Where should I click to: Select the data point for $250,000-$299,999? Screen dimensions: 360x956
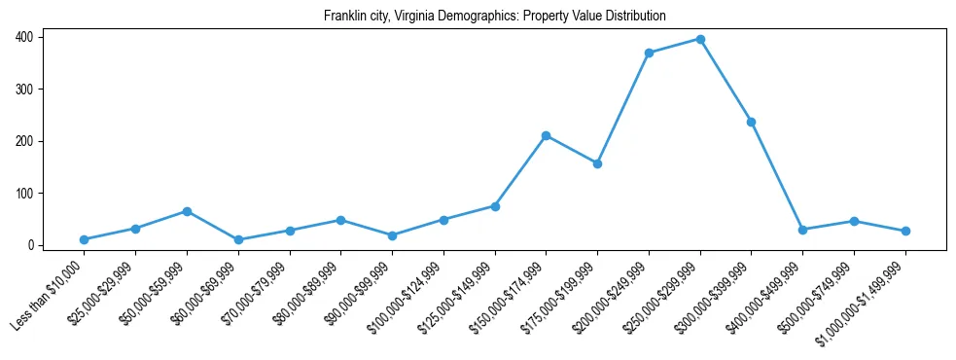(700, 39)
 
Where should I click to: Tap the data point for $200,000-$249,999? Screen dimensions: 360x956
(649, 53)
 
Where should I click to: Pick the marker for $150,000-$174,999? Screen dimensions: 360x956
(547, 135)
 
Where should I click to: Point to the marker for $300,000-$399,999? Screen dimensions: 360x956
(752, 122)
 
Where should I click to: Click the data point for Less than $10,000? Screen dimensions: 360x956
(85, 239)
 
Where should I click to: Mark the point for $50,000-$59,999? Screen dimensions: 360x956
(187, 211)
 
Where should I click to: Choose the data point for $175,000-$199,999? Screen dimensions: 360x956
(598, 163)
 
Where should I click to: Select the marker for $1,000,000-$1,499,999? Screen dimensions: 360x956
(905, 231)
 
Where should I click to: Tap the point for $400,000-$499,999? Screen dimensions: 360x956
(803, 230)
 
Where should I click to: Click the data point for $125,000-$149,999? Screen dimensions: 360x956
(495, 206)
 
